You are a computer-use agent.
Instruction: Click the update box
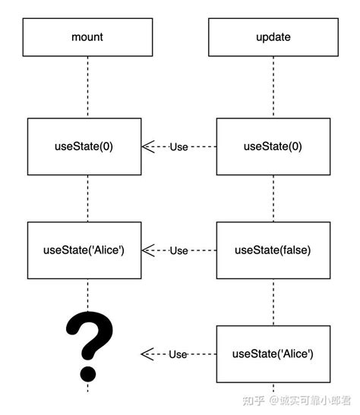click(273, 36)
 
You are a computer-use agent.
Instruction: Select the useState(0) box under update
click(273, 146)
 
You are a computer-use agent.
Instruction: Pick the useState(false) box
click(273, 250)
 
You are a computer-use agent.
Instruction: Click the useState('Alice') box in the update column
click(273, 354)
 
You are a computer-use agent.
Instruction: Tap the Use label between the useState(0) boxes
click(178, 146)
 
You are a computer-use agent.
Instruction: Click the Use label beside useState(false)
click(178, 250)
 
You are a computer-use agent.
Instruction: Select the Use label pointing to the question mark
click(178, 354)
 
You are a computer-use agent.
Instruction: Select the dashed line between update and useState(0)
click(273, 87)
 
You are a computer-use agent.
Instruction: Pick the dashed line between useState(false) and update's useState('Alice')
click(273, 302)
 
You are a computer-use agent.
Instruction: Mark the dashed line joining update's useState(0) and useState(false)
click(273, 198)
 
